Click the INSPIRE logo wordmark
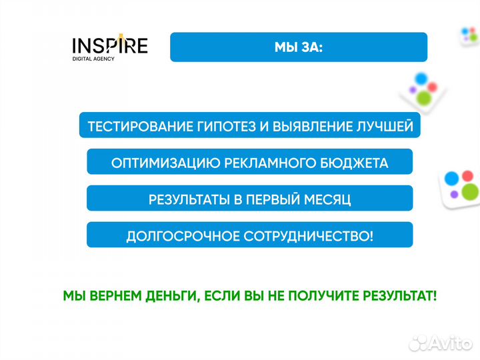click(109, 45)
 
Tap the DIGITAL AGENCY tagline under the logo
click(93, 59)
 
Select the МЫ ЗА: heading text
click(298, 47)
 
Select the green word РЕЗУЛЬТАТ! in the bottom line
click(401, 295)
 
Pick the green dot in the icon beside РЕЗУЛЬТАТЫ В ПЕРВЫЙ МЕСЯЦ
click(469, 192)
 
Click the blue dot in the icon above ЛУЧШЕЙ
click(420, 78)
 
